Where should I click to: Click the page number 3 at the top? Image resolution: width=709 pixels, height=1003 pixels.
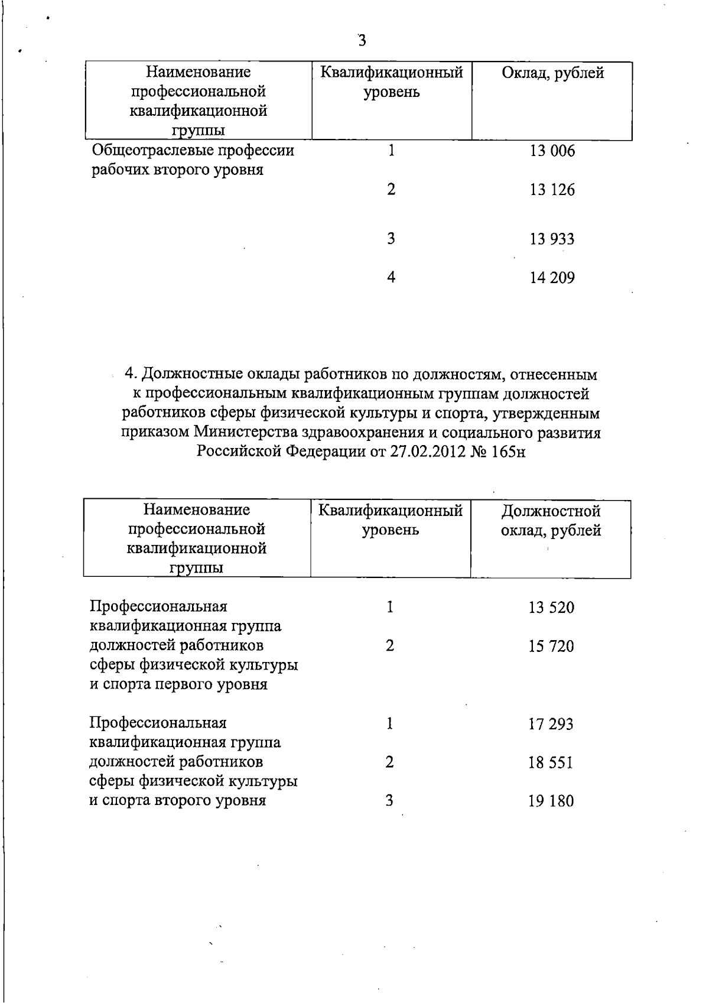point(362,40)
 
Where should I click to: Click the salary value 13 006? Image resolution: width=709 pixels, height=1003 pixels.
point(552,151)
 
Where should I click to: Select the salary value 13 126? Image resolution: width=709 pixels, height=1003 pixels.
point(552,190)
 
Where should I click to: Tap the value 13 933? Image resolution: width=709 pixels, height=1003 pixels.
point(552,239)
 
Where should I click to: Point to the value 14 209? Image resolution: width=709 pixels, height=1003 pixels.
point(552,278)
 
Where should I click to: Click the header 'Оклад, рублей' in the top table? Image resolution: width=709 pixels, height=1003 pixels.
point(552,73)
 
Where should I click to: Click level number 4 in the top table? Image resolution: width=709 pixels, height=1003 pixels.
point(391,277)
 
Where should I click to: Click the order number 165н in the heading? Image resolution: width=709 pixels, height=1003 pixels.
point(509,452)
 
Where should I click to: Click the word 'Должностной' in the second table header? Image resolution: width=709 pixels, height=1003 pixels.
point(551,511)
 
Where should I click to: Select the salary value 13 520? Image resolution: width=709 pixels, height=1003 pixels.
point(551,608)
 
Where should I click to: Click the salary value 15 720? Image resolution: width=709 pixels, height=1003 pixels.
point(551,647)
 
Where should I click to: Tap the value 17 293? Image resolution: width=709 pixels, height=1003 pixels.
point(551,724)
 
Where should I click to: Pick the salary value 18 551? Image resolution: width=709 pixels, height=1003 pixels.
point(551,763)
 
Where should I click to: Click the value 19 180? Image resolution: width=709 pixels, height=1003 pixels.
point(551,801)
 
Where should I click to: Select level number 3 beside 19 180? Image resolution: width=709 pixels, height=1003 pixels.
point(389,801)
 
